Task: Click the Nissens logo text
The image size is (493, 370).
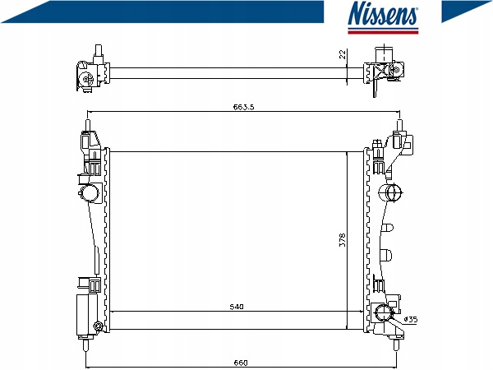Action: (383, 13)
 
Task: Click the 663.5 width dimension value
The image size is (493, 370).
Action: (243, 107)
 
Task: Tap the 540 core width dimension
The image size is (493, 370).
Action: (237, 307)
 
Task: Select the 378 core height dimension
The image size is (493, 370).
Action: (343, 240)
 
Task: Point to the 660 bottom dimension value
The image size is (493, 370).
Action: (241, 363)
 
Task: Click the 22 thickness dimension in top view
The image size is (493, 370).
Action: (343, 54)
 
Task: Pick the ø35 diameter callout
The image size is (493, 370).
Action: (411, 320)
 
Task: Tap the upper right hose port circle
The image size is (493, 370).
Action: (394, 192)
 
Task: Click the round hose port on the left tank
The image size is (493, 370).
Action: (90, 192)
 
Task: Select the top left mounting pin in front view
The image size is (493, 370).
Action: (88, 125)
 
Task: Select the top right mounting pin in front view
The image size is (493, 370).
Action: (399, 126)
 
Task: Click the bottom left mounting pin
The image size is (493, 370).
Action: (85, 345)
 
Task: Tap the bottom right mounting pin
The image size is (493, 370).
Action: (397, 345)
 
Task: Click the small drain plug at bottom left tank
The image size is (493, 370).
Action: (98, 326)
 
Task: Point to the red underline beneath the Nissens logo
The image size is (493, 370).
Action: (383, 32)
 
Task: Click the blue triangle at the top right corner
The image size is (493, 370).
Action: (462, 9)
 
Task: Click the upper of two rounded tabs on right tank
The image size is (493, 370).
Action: (387, 228)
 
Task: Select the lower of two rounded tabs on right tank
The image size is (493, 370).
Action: (387, 254)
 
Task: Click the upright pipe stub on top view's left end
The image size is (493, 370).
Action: (99, 50)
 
